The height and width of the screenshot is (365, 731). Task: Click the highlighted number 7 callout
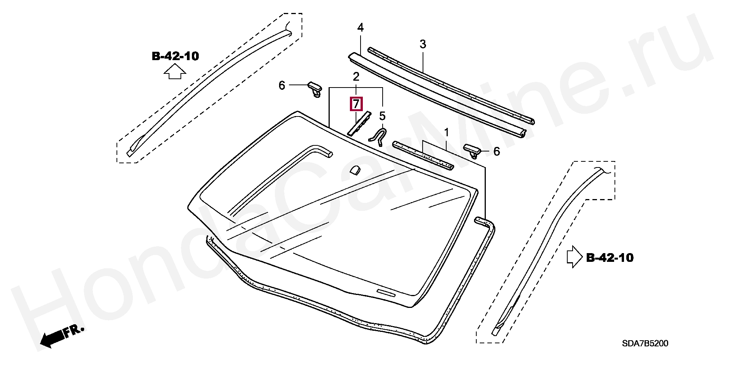pyautogui.click(x=356, y=104)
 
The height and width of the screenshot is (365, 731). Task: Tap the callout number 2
pyautogui.click(x=356, y=77)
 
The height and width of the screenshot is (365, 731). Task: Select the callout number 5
pyautogui.click(x=382, y=116)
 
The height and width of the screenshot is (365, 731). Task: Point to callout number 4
pyautogui.click(x=360, y=27)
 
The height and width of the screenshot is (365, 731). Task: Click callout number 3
pyautogui.click(x=423, y=44)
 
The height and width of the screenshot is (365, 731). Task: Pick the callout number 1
pyautogui.click(x=446, y=133)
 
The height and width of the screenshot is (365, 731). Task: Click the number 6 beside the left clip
pyautogui.click(x=282, y=85)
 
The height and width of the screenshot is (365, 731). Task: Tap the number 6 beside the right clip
pyautogui.click(x=496, y=151)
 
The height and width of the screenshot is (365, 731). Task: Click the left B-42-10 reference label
pyautogui.click(x=175, y=56)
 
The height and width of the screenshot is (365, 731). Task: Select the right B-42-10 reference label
pyautogui.click(x=610, y=258)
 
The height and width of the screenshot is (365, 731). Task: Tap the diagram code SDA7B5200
pyautogui.click(x=645, y=343)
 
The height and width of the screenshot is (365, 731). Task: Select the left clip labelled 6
pyautogui.click(x=315, y=89)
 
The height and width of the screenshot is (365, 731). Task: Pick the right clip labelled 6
pyautogui.click(x=472, y=150)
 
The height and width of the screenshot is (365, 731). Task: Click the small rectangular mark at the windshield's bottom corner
pyautogui.click(x=386, y=292)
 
